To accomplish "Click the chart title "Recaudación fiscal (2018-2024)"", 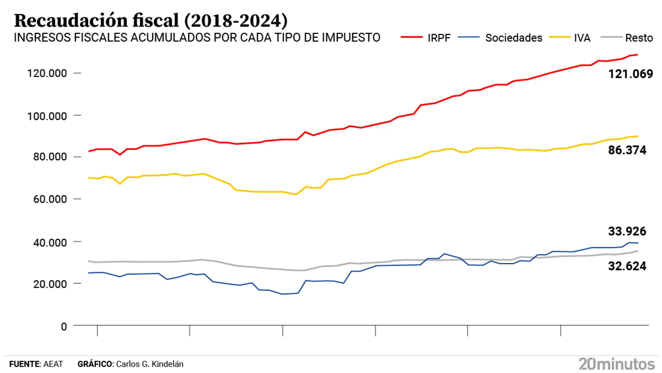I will tap(151, 21).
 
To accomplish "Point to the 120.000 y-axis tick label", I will tap(47, 73).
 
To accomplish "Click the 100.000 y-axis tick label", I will tap(47, 116).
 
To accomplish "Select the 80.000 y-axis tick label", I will tap(50, 157).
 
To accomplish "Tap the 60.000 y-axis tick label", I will tap(50, 199).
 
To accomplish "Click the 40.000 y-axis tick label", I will tap(50, 243).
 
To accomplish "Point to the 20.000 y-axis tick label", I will tap(50, 284).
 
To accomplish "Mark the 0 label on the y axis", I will tap(64, 327).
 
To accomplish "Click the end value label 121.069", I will tap(630, 74).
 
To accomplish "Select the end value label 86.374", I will tap(627, 150).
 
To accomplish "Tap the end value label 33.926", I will tap(627, 231).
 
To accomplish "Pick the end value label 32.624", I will tap(627, 266).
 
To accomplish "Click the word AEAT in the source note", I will tap(53, 364).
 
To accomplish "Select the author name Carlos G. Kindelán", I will tap(150, 364).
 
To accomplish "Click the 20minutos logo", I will tap(616, 364).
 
